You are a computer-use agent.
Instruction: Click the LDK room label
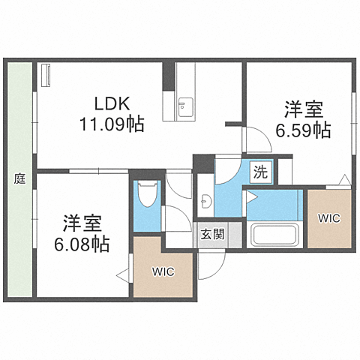(112, 103)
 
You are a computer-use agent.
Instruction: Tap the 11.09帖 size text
(112, 124)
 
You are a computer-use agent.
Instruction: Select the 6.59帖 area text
(303, 130)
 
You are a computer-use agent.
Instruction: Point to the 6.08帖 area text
(82, 244)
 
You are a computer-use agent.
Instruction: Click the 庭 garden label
(19, 178)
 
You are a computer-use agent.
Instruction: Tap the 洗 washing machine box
(261, 172)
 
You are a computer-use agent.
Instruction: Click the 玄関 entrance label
(212, 235)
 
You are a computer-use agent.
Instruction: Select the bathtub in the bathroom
(274, 235)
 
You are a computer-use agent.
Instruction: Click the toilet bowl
(148, 194)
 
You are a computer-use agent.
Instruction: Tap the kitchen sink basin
(185, 107)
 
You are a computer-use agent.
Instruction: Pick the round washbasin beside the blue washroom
(206, 201)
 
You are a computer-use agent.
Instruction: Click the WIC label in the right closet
(329, 218)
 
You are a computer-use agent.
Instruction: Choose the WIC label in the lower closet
(163, 271)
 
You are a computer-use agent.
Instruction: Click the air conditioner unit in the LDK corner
(46, 75)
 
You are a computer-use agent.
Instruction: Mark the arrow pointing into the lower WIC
(122, 276)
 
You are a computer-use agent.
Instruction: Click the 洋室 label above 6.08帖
(82, 223)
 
